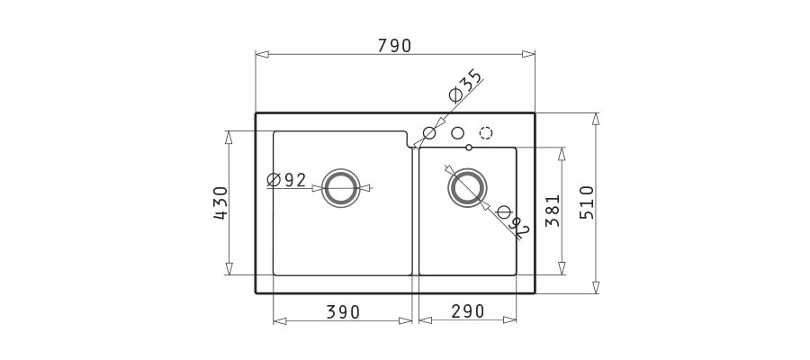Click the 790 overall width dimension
tap(395, 46)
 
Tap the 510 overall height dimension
tap(587, 202)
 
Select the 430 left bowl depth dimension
tap(220, 203)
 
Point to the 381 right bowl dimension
tap(553, 211)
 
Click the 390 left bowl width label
tap(343, 312)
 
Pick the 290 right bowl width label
tap(468, 311)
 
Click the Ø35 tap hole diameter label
tap(465, 85)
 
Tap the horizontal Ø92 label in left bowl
tap(287, 180)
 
